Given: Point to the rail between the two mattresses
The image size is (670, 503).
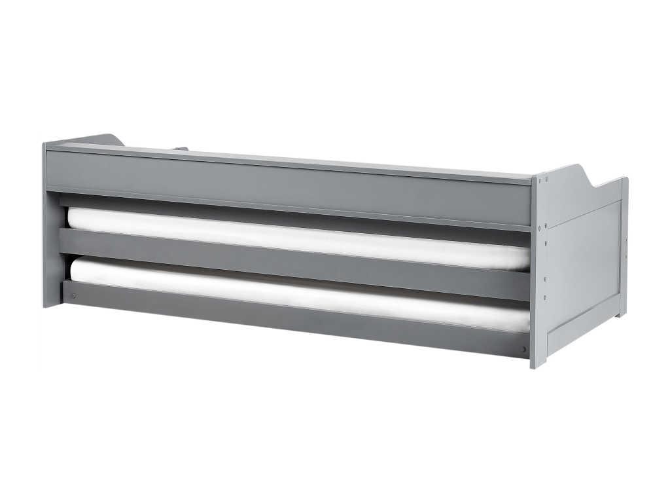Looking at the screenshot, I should tap(294, 263).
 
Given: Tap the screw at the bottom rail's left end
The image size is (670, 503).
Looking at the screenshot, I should tap(73, 295).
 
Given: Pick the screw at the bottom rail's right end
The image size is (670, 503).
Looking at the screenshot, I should tap(523, 349).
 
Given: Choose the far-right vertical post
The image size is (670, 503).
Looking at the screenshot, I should tap(624, 249).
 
